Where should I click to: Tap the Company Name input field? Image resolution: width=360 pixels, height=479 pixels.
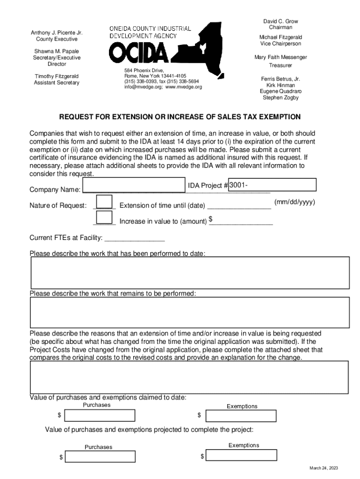(x=133, y=185)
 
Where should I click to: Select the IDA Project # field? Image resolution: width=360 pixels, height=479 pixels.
(x=272, y=185)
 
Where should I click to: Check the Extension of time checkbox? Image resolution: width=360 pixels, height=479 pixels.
(x=104, y=202)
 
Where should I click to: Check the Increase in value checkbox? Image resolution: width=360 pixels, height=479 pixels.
(x=104, y=218)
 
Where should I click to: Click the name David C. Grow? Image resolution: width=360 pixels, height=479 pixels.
(x=281, y=22)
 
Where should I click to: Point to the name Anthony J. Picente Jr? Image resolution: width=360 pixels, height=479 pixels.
(x=57, y=33)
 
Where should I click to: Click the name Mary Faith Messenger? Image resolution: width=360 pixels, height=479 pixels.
(x=281, y=57)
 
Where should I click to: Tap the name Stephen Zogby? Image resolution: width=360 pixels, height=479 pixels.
(x=281, y=98)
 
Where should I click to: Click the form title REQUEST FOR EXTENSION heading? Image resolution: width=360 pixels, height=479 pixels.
(x=180, y=116)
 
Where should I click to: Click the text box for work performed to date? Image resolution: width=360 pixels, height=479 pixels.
(x=190, y=272)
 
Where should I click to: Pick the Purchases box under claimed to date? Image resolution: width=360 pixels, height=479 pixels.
(x=100, y=415)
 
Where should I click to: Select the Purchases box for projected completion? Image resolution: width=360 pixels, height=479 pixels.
(x=100, y=457)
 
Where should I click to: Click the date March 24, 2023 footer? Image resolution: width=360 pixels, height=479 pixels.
(x=323, y=469)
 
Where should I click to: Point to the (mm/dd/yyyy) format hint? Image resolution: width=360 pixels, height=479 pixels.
(x=295, y=202)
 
